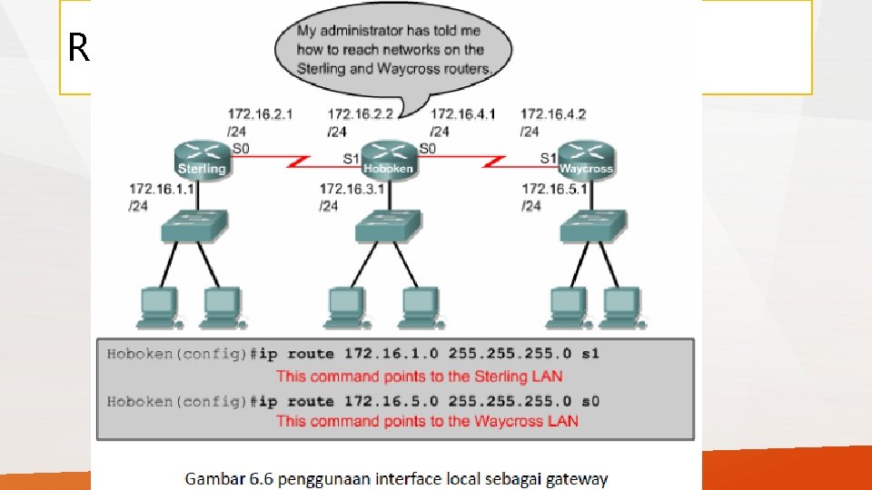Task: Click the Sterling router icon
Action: coord(201,161)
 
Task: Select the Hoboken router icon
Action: coord(388,160)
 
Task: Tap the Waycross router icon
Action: coord(586,160)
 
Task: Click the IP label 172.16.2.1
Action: coord(261,114)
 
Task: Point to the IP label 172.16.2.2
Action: coord(360,114)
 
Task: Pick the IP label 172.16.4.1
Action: coord(462,114)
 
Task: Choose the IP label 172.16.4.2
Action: coord(553,114)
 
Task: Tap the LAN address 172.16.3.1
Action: coord(352,189)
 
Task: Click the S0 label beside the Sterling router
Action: coord(242,148)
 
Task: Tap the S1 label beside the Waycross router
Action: coord(548,158)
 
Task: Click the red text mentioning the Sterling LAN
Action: coord(419,377)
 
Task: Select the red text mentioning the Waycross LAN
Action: coord(427,421)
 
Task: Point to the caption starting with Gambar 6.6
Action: coord(397,478)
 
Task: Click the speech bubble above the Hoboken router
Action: coord(393,49)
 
